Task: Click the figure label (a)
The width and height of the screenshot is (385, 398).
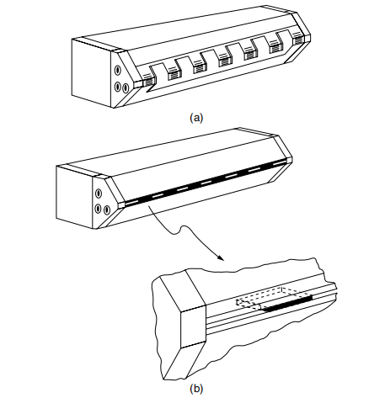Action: pos(196,118)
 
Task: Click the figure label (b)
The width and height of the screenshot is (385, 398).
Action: pos(196,389)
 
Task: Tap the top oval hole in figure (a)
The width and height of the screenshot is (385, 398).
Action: pos(118,70)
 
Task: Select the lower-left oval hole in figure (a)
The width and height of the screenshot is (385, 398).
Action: pos(118,87)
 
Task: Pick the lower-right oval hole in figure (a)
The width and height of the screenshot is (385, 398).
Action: pos(126,88)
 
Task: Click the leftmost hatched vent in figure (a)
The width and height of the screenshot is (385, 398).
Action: pos(149,82)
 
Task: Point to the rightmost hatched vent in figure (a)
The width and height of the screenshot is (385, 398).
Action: pos(298,40)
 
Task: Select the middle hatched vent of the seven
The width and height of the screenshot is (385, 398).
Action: pos(225,61)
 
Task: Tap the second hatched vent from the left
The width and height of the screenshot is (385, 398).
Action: pos(174,76)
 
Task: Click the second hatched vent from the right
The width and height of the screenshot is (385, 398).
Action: pos(275,49)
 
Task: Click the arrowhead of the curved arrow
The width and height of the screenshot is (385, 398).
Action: pos(221,257)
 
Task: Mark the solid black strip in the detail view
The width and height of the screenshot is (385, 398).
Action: pos(289,303)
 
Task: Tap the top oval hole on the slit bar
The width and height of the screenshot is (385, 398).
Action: pos(99,194)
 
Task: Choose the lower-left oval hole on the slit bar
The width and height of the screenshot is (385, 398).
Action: pos(98,209)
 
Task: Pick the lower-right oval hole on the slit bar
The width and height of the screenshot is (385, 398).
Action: pos(106,210)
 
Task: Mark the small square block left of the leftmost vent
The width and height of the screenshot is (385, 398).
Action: pos(137,84)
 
